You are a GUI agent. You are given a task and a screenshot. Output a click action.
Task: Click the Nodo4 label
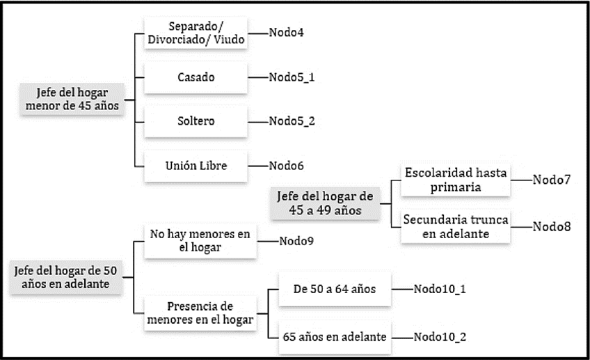point(286,32)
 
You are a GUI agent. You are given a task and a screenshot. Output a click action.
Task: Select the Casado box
point(196,77)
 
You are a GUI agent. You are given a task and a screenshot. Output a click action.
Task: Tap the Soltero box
point(196,121)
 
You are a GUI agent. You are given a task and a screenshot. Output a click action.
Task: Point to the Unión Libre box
point(196,166)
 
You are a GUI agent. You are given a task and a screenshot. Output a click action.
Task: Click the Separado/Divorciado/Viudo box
point(196,32)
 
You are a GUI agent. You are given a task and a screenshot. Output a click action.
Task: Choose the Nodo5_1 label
point(292,77)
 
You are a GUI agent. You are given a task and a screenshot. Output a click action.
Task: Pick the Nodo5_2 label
point(292,121)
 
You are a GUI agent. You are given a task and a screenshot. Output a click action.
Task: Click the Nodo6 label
point(286,166)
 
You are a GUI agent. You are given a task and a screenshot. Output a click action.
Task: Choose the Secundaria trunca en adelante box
point(456,226)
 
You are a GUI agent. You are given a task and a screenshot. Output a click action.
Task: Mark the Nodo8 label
point(551,226)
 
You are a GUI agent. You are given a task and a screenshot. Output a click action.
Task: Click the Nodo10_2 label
point(440,336)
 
